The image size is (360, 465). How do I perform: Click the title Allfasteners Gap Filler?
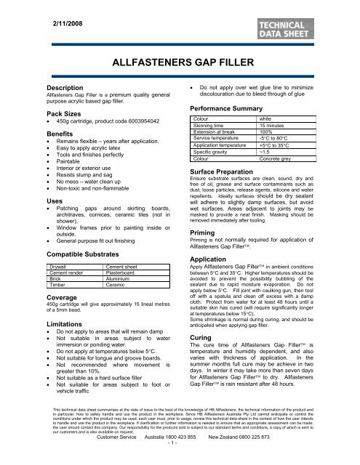[179, 65]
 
